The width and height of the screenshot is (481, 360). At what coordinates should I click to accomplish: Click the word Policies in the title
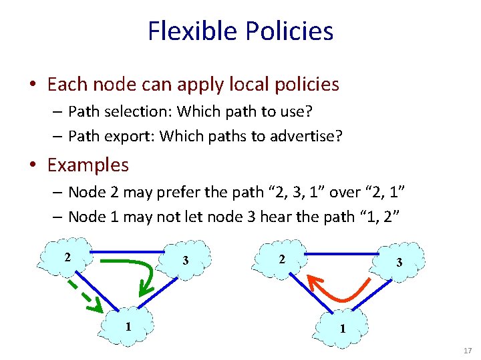[x=289, y=31]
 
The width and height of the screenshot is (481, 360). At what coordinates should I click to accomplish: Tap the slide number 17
[x=468, y=350]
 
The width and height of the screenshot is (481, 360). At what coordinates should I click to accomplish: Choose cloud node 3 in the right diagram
[x=398, y=262]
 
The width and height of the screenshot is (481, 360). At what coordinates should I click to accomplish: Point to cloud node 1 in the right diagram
[x=342, y=327]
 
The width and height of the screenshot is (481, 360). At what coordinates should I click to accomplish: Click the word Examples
[x=88, y=164]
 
